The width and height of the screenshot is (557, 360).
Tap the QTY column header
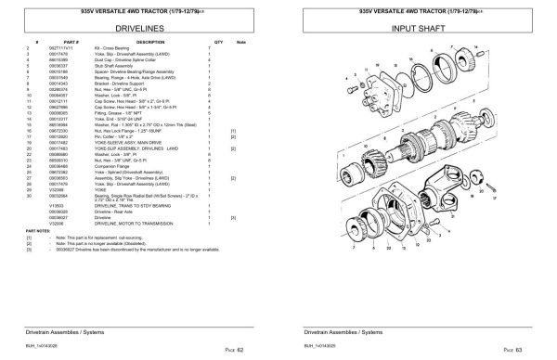219,42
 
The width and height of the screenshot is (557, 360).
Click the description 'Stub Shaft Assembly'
125,67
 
